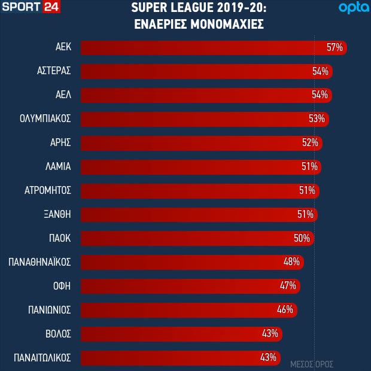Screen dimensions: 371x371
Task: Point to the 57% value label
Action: (334, 48)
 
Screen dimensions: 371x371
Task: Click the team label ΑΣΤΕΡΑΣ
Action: (53, 71)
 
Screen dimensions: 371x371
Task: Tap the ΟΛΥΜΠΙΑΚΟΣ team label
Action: (45, 118)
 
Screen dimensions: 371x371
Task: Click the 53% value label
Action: (317, 118)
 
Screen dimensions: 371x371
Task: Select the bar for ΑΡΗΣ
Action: (191, 142)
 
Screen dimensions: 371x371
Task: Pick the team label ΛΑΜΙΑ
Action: (58, 166)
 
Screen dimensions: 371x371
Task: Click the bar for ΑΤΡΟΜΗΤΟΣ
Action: (191, 190)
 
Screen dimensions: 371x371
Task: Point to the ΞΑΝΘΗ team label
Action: (58, 214)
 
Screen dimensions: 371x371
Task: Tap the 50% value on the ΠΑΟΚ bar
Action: (302, 238)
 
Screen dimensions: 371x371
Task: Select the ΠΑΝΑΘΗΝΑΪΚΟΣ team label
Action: (40, 262)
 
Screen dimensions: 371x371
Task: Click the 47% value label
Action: (288, 285)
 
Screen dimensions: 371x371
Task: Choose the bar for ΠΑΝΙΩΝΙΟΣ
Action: (180, 309)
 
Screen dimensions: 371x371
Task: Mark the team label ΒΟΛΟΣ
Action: (58, 333)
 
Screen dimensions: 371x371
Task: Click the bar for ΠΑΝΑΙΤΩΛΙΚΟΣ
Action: (174, 357)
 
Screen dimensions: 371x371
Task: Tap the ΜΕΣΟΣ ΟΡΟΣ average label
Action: (311, 364)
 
